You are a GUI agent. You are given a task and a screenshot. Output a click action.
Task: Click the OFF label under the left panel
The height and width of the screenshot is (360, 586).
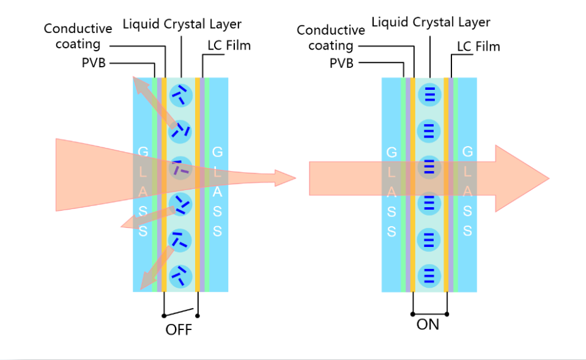(x=179, y=330)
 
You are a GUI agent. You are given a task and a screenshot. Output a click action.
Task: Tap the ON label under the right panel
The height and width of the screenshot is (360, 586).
(x=428, y=325)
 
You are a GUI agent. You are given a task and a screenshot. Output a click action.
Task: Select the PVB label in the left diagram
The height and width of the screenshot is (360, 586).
(x=94, y=63)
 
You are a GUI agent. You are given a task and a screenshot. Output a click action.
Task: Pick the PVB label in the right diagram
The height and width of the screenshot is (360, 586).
(x=341, y=63)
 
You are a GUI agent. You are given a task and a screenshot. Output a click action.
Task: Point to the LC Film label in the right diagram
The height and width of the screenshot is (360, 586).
(x=478, y=46)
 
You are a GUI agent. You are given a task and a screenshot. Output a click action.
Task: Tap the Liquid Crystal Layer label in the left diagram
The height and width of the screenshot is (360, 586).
(x=182, y=24)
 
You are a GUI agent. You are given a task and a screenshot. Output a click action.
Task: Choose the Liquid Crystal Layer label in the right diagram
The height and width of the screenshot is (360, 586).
(x=431, y=23)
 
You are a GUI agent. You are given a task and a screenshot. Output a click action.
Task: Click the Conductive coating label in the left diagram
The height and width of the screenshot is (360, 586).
(x=78, y=36)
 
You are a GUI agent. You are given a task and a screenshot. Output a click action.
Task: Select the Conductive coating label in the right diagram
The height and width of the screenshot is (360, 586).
(x=331, y=37)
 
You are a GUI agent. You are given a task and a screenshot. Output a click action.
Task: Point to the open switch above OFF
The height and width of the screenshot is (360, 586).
(x=182, y=311)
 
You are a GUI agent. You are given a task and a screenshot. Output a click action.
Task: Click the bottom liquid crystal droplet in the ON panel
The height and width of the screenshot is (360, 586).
(x=429, y=276)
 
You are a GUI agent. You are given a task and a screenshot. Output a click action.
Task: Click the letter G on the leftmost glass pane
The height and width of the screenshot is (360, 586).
(x=143, y=151)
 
